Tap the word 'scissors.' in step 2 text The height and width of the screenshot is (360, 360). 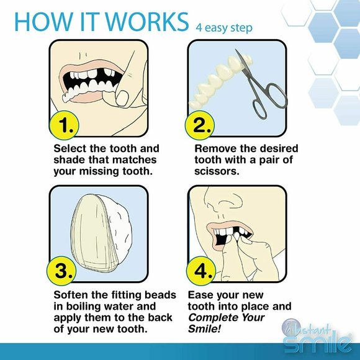[217, 171]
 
